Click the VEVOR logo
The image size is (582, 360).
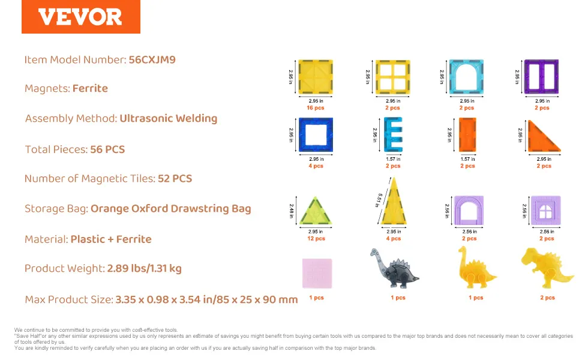[80, 17]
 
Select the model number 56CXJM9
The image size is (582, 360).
[152, 60]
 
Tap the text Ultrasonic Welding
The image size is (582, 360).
[169, 118]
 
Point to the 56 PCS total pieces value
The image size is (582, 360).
[107, 149]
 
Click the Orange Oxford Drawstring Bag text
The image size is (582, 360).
[171, 209]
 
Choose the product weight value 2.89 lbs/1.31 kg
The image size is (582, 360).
[145, 268]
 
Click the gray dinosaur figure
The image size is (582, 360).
[394, 268]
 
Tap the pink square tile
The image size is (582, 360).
[317, 273]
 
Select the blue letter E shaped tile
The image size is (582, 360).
[393, 134]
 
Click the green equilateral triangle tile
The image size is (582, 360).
[316, 212]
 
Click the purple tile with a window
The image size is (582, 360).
[545, 211]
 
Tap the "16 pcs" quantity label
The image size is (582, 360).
[316, 107]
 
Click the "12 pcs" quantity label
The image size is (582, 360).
[316, 238]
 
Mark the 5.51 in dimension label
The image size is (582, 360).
[379, 200]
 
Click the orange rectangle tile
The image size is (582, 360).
[467, 135]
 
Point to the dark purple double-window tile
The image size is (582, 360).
[542, 77]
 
